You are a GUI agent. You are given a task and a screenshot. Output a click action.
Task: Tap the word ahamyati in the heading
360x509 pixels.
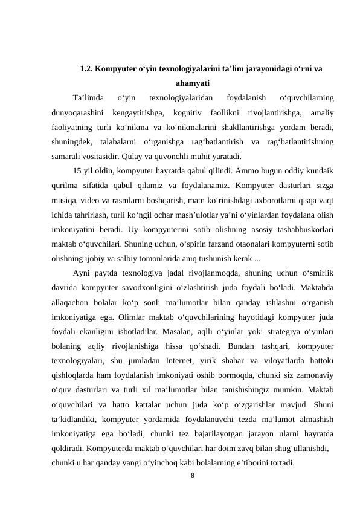[x=192, y=83]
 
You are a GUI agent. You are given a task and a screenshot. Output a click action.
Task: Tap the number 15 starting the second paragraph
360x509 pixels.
[x=77, y=169]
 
